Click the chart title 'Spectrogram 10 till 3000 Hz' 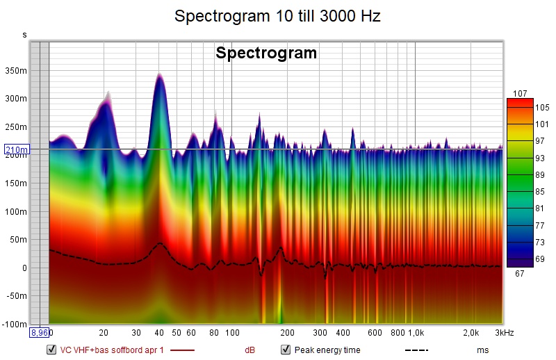pyautogui.click(x=277, y=16)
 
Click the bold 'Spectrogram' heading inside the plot pyautogui.click(x=266, y=54)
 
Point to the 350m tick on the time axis pyautogui.click(x=16, y=70)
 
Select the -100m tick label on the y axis pyautogui.click(x=15, y=324)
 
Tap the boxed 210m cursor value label pyautogui.click(x=15, y=149)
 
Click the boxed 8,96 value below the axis pyautogui.click(x=39, y=333)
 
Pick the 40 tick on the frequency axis pyautogui.click(x=159, y=333)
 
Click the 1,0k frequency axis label pyautogui.click(x=416, y=333)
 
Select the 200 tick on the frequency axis pyautogui.click(x=287, y=333)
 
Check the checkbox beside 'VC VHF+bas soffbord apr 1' pyautogui.click(x=51, y=350)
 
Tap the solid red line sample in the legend pyautogui.click(x=183, y=350)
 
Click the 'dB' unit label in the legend pyautogui.click(x=249, y=350)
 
